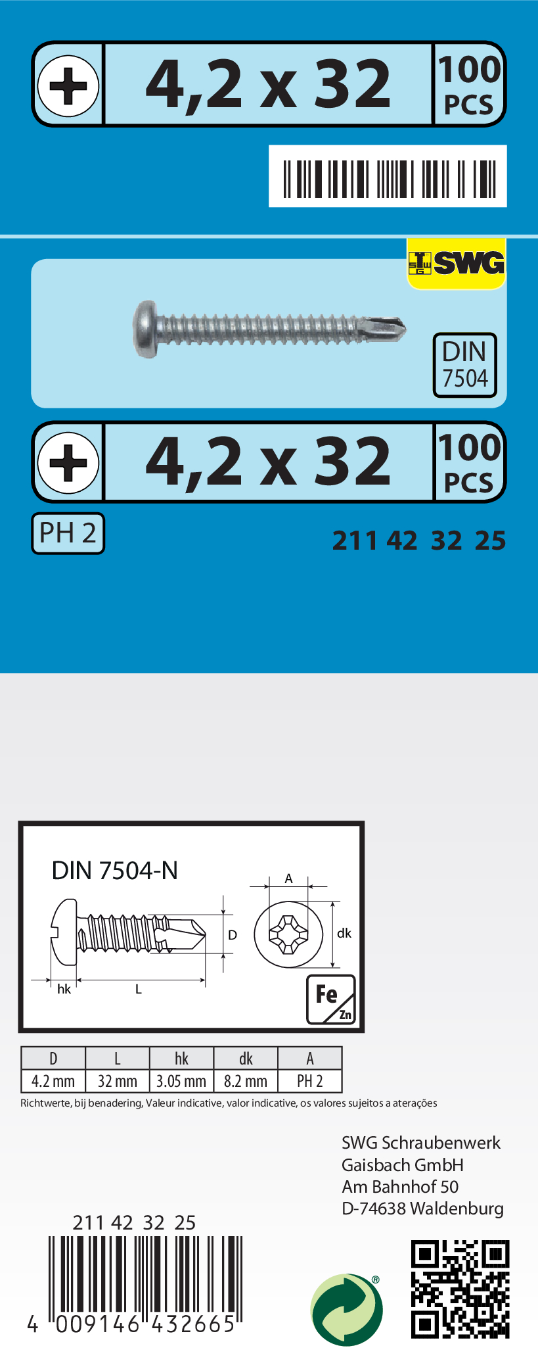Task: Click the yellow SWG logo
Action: click(x=457, y=263)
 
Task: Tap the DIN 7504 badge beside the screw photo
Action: click(x=464, y=365)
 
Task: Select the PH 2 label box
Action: click(x=68, y=533)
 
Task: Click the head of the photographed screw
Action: click(x=146, y=329)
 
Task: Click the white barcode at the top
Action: click(x=388, y=176)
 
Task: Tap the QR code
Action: click(x=460, y=1289)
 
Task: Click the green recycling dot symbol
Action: click(x=346, y=1309)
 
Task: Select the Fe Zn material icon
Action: click(x=330, y=999)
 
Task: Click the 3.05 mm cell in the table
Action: click(x=181, y=1081)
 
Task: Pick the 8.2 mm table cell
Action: click(x=246, y=1081)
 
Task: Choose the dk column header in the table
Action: click(x=246, y=1059)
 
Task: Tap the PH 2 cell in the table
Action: click(x=310, y=1081)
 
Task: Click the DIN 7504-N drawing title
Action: click(x=115, y=871)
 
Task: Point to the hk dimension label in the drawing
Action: click(x=64, y=989)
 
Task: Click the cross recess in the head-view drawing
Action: click(x=288, y=934)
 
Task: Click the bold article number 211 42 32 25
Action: click(x=419, y=540)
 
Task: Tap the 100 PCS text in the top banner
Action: click(x=469, y=85)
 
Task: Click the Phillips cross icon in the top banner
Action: click(x=68, y=85)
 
